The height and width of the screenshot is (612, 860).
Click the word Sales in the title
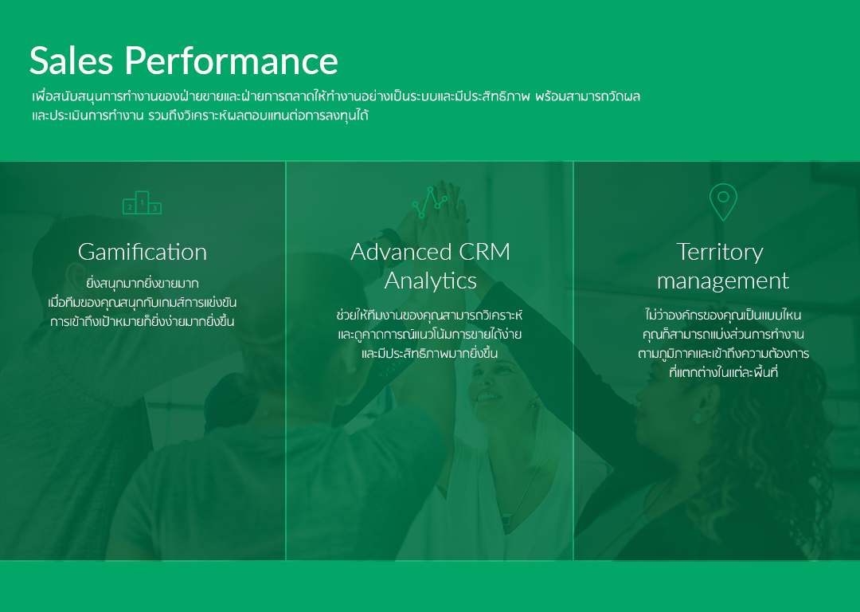(x=71, y=61)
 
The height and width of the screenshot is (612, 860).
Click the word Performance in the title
(x=231, y=61)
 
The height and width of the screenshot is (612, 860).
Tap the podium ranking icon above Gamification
(x=142, y=202)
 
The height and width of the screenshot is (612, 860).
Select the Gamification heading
(x=143, y=253)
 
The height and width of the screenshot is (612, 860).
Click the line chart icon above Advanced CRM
(x=430, y=202)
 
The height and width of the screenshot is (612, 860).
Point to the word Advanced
(x=401, y=252)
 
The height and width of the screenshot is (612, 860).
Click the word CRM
(x=484, y=252)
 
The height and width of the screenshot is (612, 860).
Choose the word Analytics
(x=431, y=281)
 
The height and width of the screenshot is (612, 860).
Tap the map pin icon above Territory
(x=723, y=202)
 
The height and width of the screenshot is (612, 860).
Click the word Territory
(x=720, y=252)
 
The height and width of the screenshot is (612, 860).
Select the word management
(x=723, y=281)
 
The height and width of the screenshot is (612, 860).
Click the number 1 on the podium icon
(x=142, y=202)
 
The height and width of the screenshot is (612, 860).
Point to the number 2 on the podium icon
(x=130, y=207)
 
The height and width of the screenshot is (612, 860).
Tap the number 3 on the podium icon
(x=154, y=209)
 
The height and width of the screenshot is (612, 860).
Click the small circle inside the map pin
(x=723, y=197)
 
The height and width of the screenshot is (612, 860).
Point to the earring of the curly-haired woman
(x=698, y=418)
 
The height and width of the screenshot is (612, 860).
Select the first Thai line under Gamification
(x=143, y=284)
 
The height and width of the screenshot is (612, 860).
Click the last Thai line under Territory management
(x=723, y=373)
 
